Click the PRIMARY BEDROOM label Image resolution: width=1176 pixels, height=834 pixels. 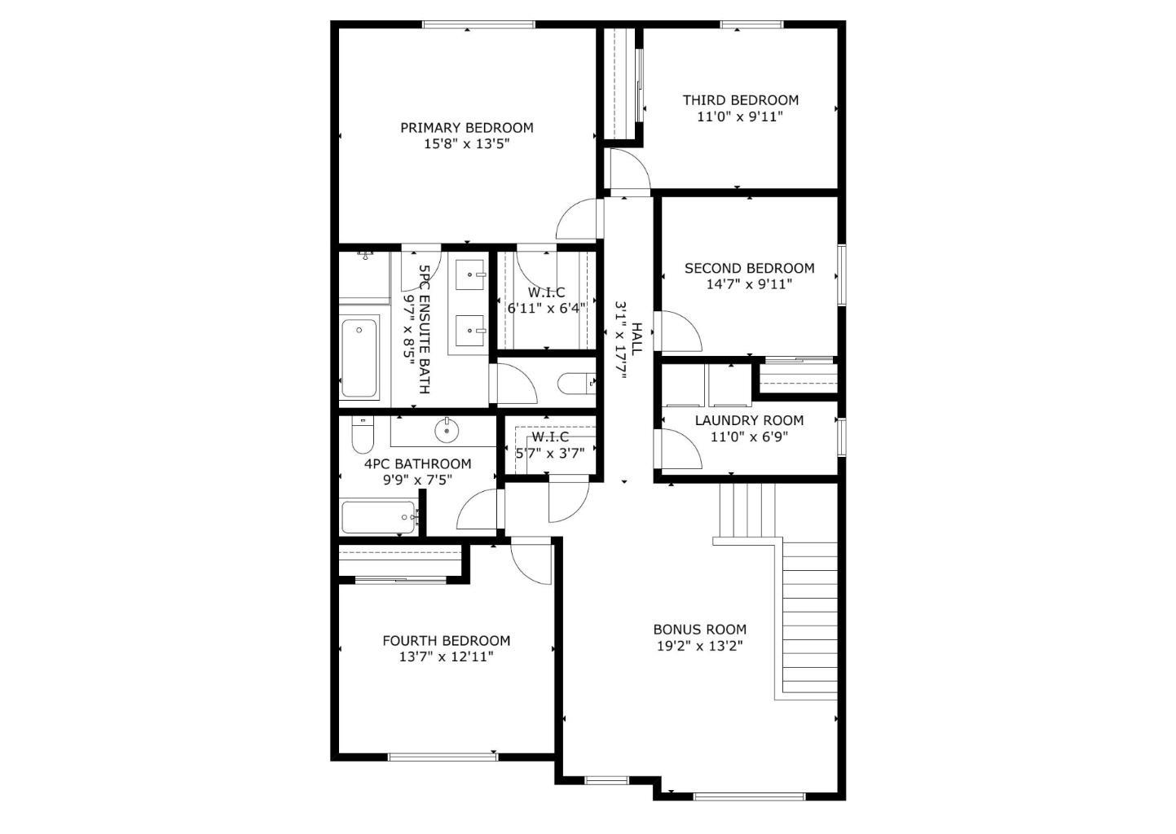click(x=466, y=128)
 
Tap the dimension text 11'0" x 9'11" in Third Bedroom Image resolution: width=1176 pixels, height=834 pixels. click(x=740, y=116)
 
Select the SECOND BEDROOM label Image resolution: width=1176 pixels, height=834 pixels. click(x=749, y=268)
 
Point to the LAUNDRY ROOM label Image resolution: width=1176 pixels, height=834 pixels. click(x=749, y=420)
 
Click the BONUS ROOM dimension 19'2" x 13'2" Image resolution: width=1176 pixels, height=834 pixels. click(x=699, y=646)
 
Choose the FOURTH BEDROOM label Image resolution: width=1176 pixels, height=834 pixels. click(x=446, y=641)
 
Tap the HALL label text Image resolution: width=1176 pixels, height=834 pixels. click(x=637, y=338)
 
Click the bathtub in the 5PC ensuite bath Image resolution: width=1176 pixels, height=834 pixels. click(x=359, y=358)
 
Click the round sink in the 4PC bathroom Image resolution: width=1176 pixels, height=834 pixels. click(x=447, y=429)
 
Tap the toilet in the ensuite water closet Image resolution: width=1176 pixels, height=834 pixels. click(x=577, y=383)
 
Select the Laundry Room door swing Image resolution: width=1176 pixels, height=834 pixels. click(x=680, y=448)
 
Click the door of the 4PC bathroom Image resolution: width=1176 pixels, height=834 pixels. click(x=478, y=511)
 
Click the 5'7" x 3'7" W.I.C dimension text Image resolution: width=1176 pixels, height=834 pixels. click(x=550, y=454)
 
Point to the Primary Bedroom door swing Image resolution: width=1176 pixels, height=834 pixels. click(x=577, y=220)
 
